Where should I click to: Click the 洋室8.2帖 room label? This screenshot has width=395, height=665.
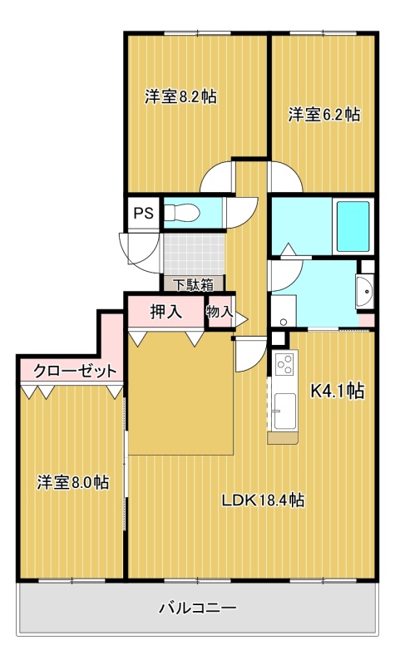[x=180, y=97]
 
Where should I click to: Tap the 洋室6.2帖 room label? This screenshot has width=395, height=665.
[x=324, y=115]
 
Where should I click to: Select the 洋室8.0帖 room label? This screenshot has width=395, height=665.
[x=73, y=483]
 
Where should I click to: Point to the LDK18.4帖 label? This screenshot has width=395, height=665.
[x=263, y=500]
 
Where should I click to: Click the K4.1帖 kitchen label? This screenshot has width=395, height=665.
[x=338, y=391]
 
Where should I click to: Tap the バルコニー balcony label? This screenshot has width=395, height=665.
[x=198, y=609]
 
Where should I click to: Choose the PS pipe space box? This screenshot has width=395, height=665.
[x=143, y=213]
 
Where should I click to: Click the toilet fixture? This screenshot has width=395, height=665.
[x=181, y=213]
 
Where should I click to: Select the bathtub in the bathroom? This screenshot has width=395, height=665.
[x=353, y=226]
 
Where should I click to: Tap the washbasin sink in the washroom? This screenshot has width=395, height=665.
[x=365, y=291]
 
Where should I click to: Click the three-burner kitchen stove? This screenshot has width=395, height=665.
[x=285, y=363]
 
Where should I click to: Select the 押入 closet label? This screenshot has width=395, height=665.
[x=166, y=312]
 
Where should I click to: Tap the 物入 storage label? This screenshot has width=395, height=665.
[x=220, y=313]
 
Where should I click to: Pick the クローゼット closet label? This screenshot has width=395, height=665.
[x=75, y=371]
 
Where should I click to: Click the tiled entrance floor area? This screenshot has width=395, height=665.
[x=194, y=254]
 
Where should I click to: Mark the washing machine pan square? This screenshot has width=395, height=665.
[x=284, y=311]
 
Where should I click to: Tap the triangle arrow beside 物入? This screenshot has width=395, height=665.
[x=241, y=319]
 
